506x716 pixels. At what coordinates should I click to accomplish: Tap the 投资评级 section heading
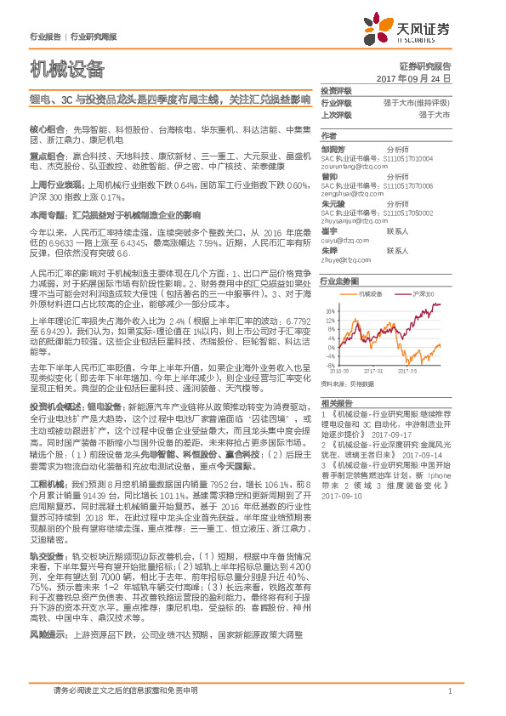click(337, 90)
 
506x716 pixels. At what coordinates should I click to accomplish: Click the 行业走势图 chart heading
click(338, 280)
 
